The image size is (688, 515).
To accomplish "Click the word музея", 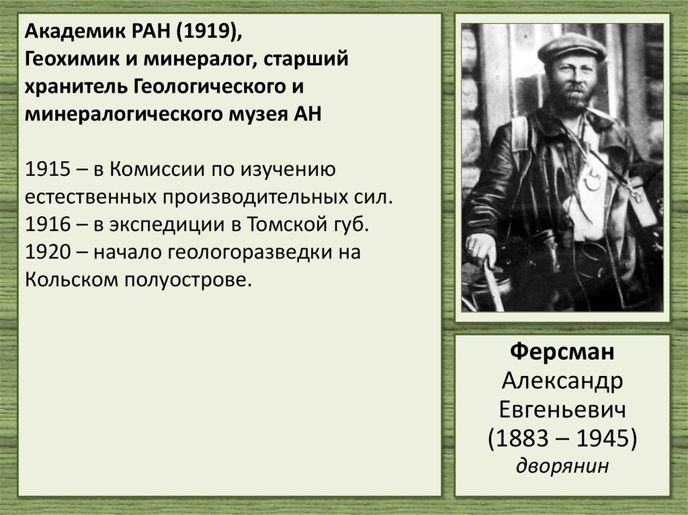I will coord(253,114).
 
